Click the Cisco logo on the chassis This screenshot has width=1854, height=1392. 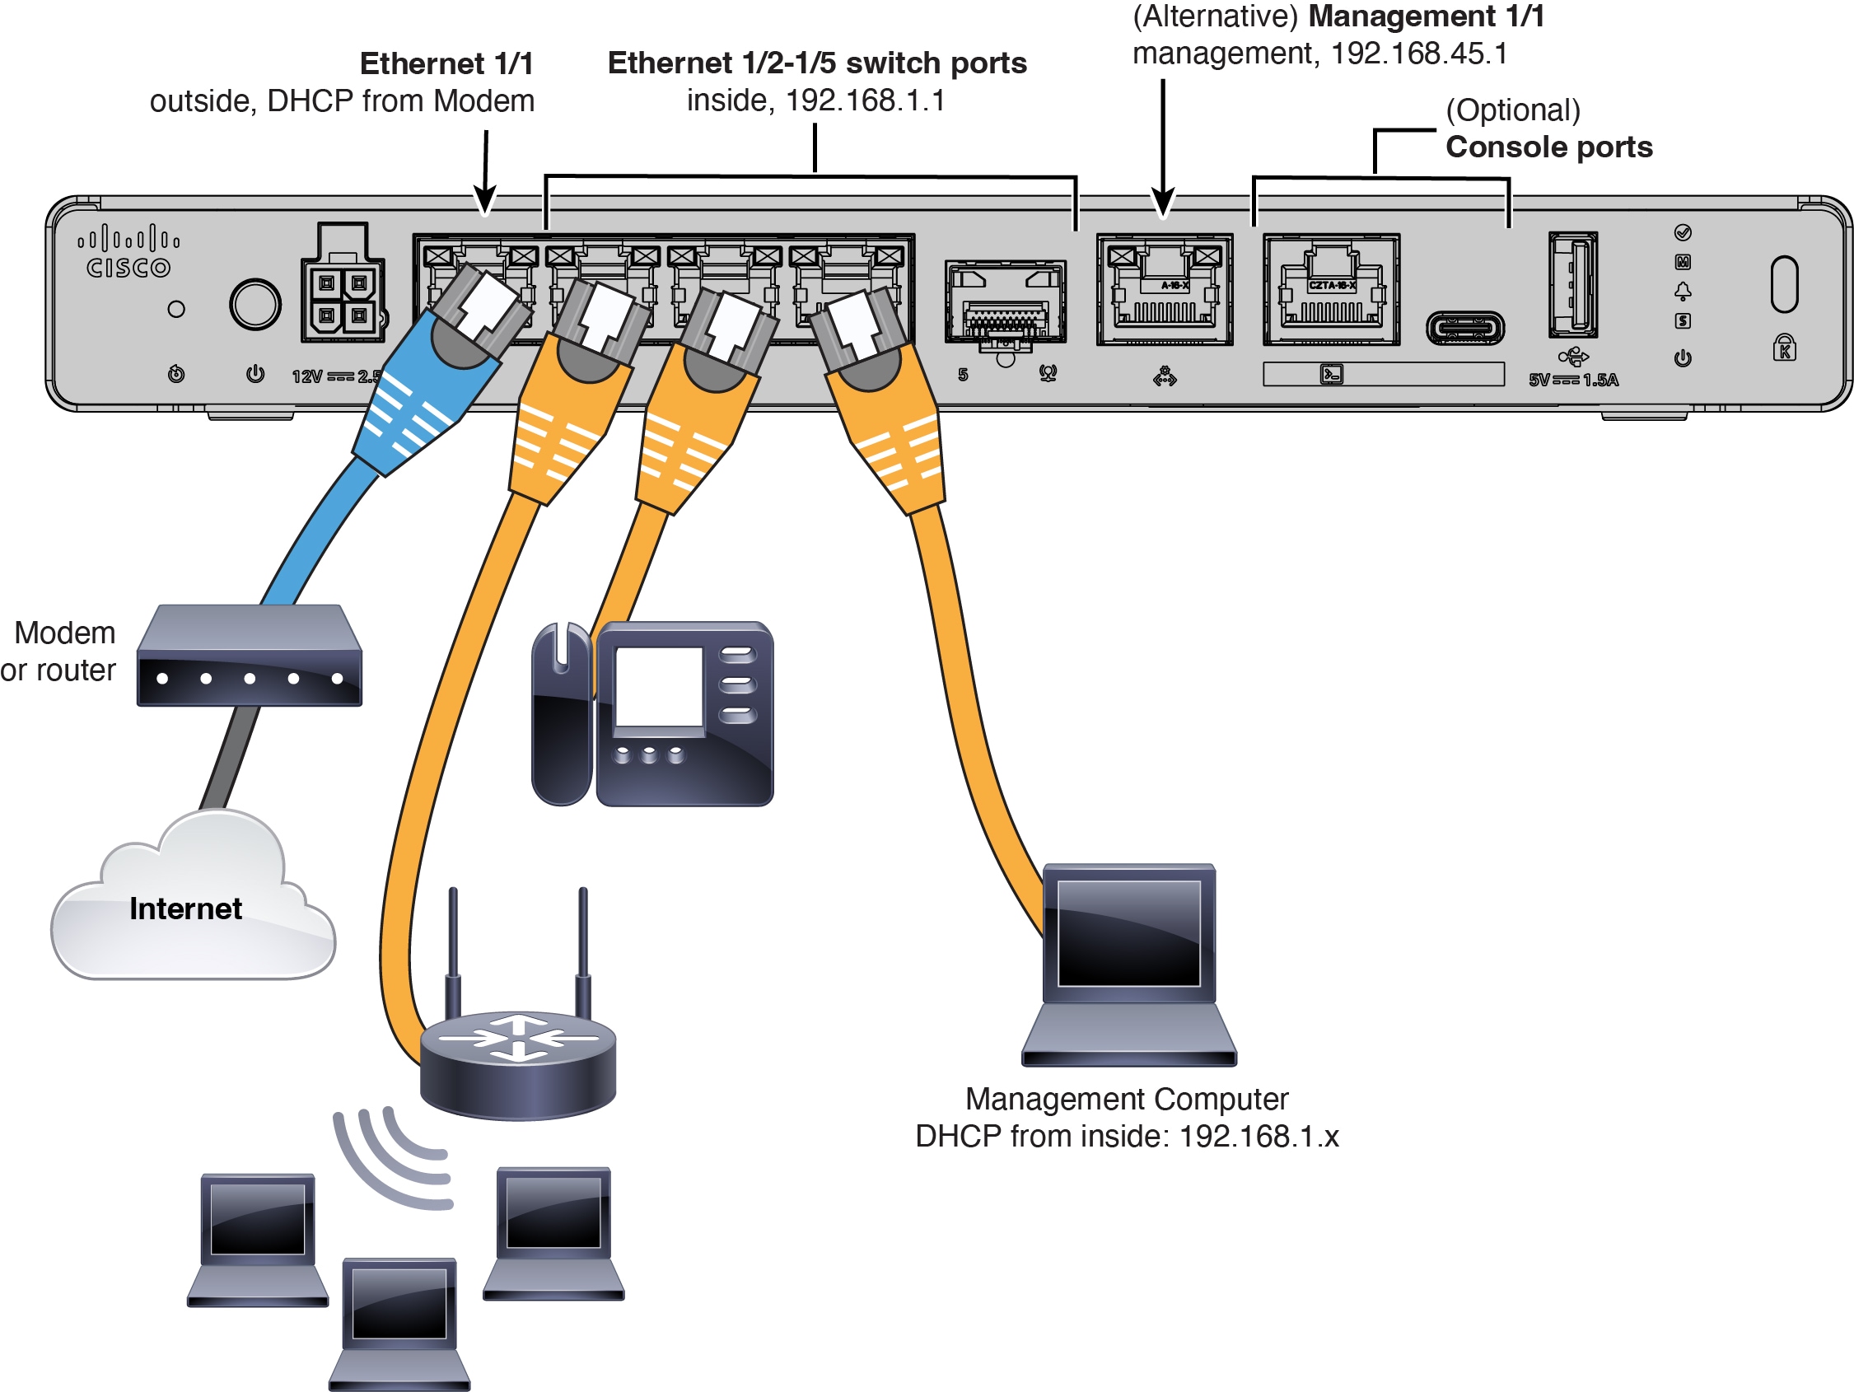[128, 252]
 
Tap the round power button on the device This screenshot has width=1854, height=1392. [255, 304]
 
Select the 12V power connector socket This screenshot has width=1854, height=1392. [343, 297]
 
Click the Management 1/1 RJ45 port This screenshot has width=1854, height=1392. [1164, 290]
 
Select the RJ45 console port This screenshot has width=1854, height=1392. [1331, 290]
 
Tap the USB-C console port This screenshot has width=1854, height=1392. [1465, 328]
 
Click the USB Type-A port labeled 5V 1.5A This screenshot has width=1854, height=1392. [1572, 286]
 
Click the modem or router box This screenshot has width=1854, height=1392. [249, 656]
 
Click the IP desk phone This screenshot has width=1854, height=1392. [652, 714]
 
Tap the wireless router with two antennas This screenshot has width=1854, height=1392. [518, 1056]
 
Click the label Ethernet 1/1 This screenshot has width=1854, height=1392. [446, 63]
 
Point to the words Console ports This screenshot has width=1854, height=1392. [1548, 147]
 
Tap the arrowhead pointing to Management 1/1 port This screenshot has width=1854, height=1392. [1162, 203]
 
